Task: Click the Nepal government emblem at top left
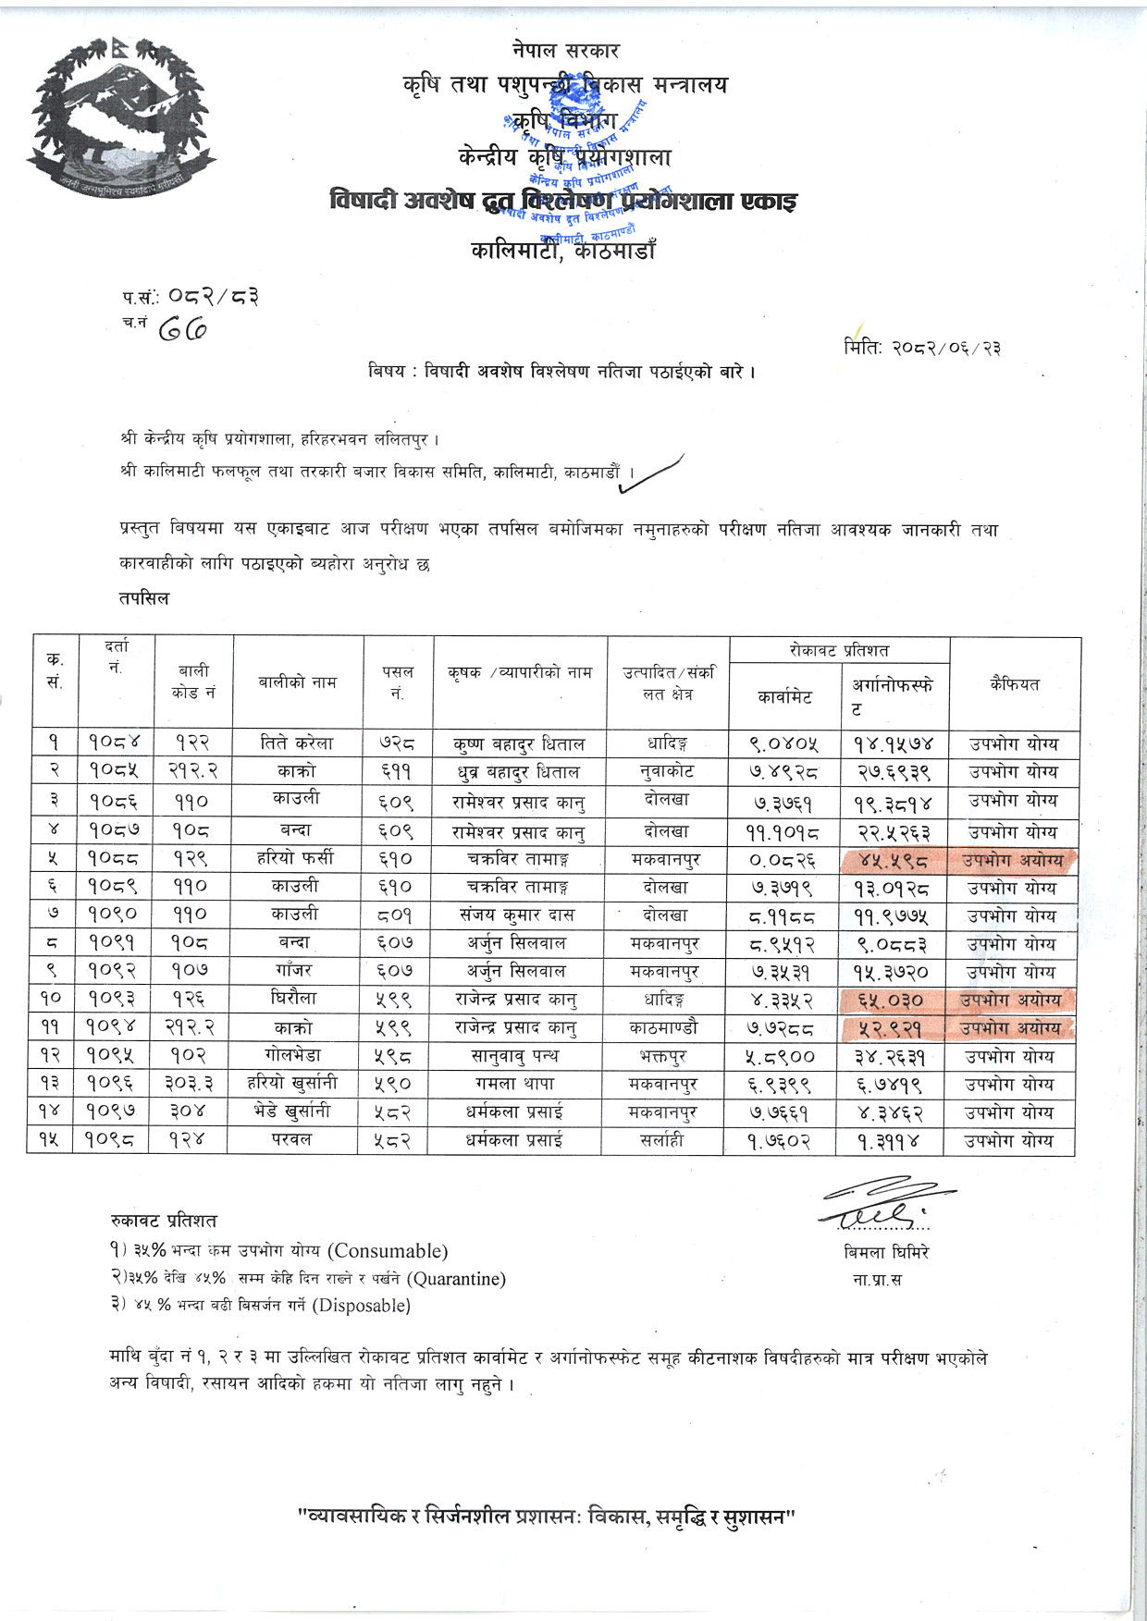pyautogui.click(x=121, y=116)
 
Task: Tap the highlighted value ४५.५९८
pyautogui.click(x=893, y=861)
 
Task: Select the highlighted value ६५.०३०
pyautogui.click(x=893, y=1001)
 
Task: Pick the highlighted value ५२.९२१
pyautogui.click(x=893, y=1028)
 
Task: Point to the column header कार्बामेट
pyautogui.click(x=783, y=697)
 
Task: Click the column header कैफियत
pyautogui.click(x=1014, y=684)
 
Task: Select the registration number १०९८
pyautogui.click(x=117, y=1141)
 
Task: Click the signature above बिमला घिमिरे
pyautogui.click(x=883, y=1203)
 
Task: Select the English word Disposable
pyautogui.click(x=362, y=1306)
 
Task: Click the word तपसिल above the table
pyautogui.click(x=144, y=598)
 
